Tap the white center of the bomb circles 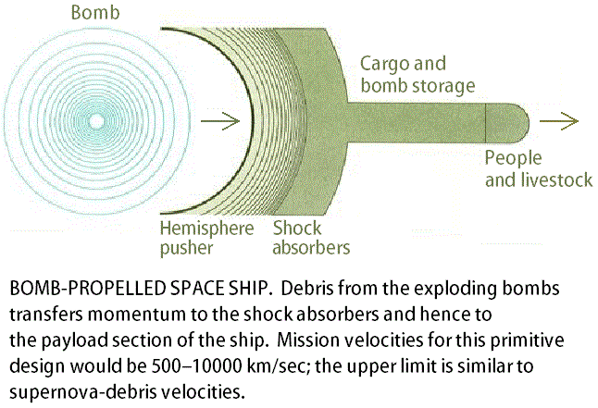pos(97,120)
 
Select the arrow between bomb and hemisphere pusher pos(225,120)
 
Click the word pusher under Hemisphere pos(187,248)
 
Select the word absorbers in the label pos(310,248)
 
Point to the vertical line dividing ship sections pos(486,121)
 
